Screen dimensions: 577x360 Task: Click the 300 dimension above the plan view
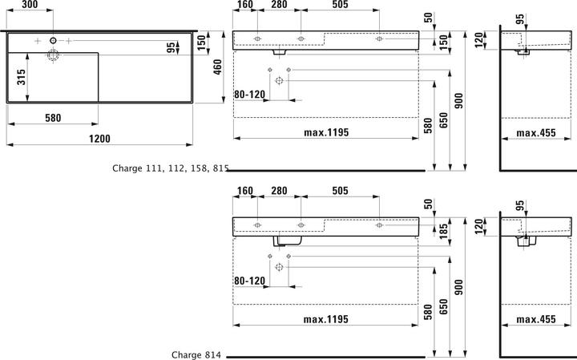point(30,5)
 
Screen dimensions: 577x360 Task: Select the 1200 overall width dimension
point(99,139)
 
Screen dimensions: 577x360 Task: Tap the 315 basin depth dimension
point(22,77)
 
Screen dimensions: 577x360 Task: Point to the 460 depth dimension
point(217,67)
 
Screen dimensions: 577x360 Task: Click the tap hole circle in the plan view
point(54,40)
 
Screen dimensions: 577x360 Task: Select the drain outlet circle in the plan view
point(53,55)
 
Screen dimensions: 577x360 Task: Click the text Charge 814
point(196,355)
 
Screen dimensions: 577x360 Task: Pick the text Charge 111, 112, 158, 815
point(171,168)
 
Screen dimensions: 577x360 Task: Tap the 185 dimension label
point(444,231)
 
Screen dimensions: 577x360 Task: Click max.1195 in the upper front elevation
point(326,132)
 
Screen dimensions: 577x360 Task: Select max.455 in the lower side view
point(536,319)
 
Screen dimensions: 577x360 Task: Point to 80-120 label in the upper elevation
point(249,95)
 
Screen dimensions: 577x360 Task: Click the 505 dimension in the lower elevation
point(340,191)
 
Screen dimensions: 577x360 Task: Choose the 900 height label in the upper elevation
point(459,100)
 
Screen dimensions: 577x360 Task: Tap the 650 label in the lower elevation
point(444,306)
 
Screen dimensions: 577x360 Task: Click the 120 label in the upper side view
point(478,40)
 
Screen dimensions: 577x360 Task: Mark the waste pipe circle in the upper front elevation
point(280,81)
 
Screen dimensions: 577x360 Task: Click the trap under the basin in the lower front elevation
point(288,241)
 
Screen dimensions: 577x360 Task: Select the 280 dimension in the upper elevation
point(279,5)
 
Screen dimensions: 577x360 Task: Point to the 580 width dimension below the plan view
point(53,118)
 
